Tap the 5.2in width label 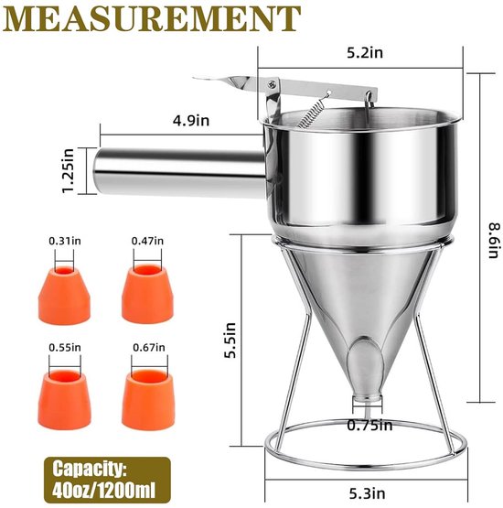point(365,52)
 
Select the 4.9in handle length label point(191,120)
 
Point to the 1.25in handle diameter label point(69,170)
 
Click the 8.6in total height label point(494,240)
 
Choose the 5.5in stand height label point(230,340)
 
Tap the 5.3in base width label point(367,493)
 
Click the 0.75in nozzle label point(369,425)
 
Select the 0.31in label point(65,241)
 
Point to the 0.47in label point(147,241)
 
